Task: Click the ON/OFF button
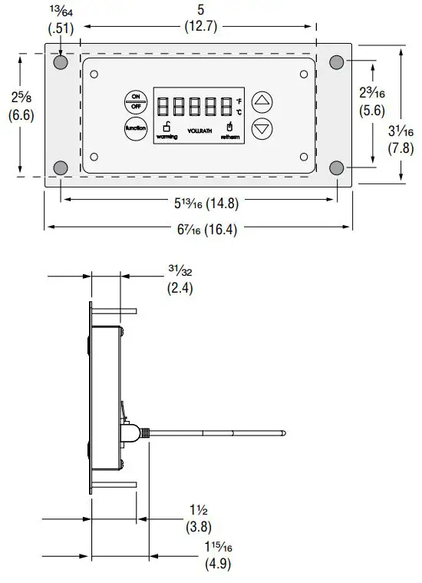click(136, 101)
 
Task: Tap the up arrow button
click(262, 101)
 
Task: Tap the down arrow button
click(262, 128)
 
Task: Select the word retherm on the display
click(229, 137)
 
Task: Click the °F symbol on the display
click(239, 101)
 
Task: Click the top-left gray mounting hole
click(61, 61)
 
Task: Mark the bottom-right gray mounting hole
click(336, 167)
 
